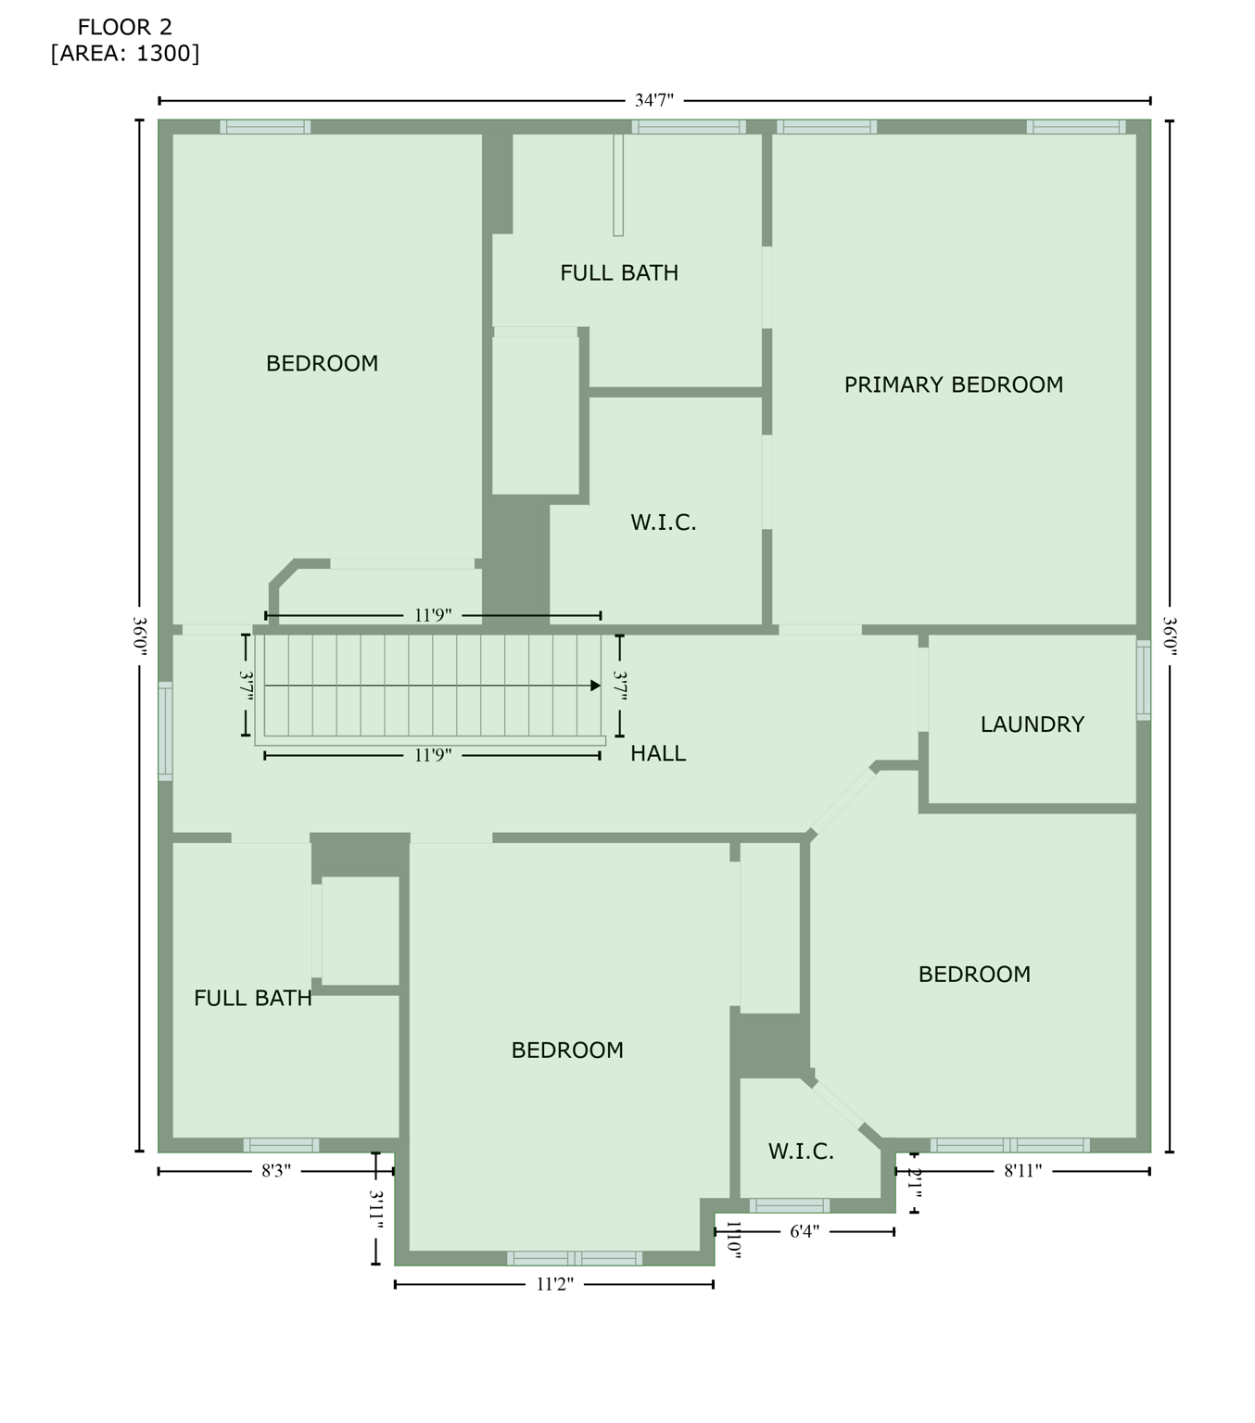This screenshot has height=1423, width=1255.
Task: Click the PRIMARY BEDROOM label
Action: pyautogui.click(x=953, y=384)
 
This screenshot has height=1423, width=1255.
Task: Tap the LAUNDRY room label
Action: pyautogui.click(x=1032, y=724)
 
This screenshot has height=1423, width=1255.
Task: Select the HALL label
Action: pyautogui.click(x=658, y=753)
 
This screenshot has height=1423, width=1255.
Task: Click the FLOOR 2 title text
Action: pyautogui.click(x=125, y=28)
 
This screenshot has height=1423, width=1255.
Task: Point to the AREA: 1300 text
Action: pyautogui.click(x=125, y=53)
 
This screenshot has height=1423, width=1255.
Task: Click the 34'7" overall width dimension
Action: pyautogui.click(x=653, y=100)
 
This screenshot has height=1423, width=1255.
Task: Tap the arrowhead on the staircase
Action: pyautogui.click(x=595, y=686)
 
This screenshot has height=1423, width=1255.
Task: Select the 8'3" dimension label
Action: pyautogui.click(x=276, y=1171)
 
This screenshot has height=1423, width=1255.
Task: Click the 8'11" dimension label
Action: pyautogui.click(x=1022, y=1171)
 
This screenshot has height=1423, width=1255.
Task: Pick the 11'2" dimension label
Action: pyautogui.click(x=554, y=1284)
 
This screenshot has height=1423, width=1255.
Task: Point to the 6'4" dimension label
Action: pyautogui.click(x=805, y=1231)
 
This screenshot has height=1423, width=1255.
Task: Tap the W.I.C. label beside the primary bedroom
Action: pyautogui.click(x=663, y=523)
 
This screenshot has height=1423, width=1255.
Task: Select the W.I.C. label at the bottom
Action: pyautogui.click(x=801, y=1152)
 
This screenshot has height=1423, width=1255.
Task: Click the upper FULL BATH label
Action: pyautogui.click(x=619, y=272)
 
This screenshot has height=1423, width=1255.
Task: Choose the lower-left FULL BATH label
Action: pyautogui.click(x=252, y=998)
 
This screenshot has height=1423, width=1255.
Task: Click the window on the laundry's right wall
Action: pyautogui.click(x=1144, y=679)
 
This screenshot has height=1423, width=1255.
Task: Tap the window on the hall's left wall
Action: pyautogui.click(x=165, y=731)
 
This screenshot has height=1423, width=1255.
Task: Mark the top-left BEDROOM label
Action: pyautogui.click(x=322, y=363)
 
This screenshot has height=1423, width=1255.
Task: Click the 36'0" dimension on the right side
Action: pyautogui.click(x=1170, y=636)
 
